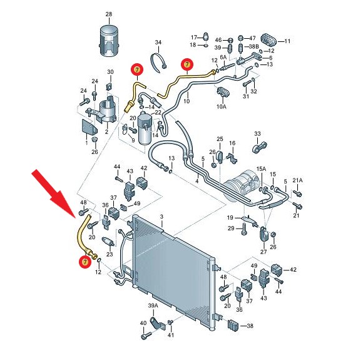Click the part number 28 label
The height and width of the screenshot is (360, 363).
[109, 14]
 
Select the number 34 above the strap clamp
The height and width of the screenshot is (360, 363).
[158, 43]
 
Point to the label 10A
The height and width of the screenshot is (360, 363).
[222, 106]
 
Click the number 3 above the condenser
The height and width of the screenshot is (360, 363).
[161, 217]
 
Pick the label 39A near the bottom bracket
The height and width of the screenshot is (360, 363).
[153, 306]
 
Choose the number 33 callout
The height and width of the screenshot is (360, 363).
[257, 133]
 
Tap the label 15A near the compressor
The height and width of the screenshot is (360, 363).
[261, 169]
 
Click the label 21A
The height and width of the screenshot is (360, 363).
[297, 180]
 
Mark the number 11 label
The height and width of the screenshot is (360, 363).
[287, 41]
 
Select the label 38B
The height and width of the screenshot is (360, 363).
[253, 46]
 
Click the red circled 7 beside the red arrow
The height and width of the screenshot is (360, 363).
[85, 262]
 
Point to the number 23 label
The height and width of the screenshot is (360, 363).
[110, 254]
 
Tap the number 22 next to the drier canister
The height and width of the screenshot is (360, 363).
[158, 112]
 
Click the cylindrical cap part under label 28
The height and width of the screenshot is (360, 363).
[110, 39]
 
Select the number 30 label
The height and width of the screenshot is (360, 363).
[110, 72]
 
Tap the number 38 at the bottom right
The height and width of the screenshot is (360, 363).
[250, 326]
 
